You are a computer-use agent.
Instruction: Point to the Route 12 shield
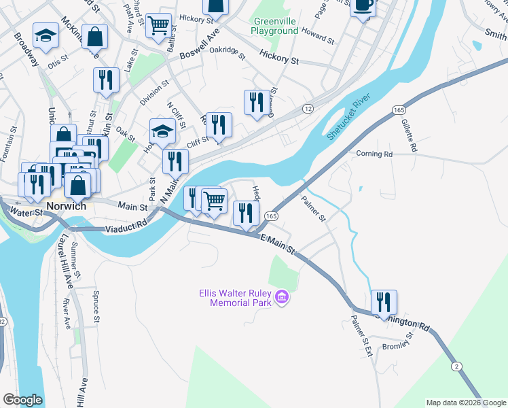pyautogui.click(x=308, y=109)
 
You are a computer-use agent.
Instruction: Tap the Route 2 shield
pyautogui.click(x=458, y=367)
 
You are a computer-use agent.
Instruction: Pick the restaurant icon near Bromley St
pyautogui.click(x=384, y=301)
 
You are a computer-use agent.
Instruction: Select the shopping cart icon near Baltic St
pyautogui.click(x=158, y=25)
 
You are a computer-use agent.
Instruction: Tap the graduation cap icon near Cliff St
pyautogui.click(x=162, y=131)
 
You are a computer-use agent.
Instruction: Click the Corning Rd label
pyautogui.click(x=374, y=154)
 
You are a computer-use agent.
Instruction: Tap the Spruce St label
pyautogui.click(x=96, y=307)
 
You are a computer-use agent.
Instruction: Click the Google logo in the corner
pyautogui.click(x=22, y=400)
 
